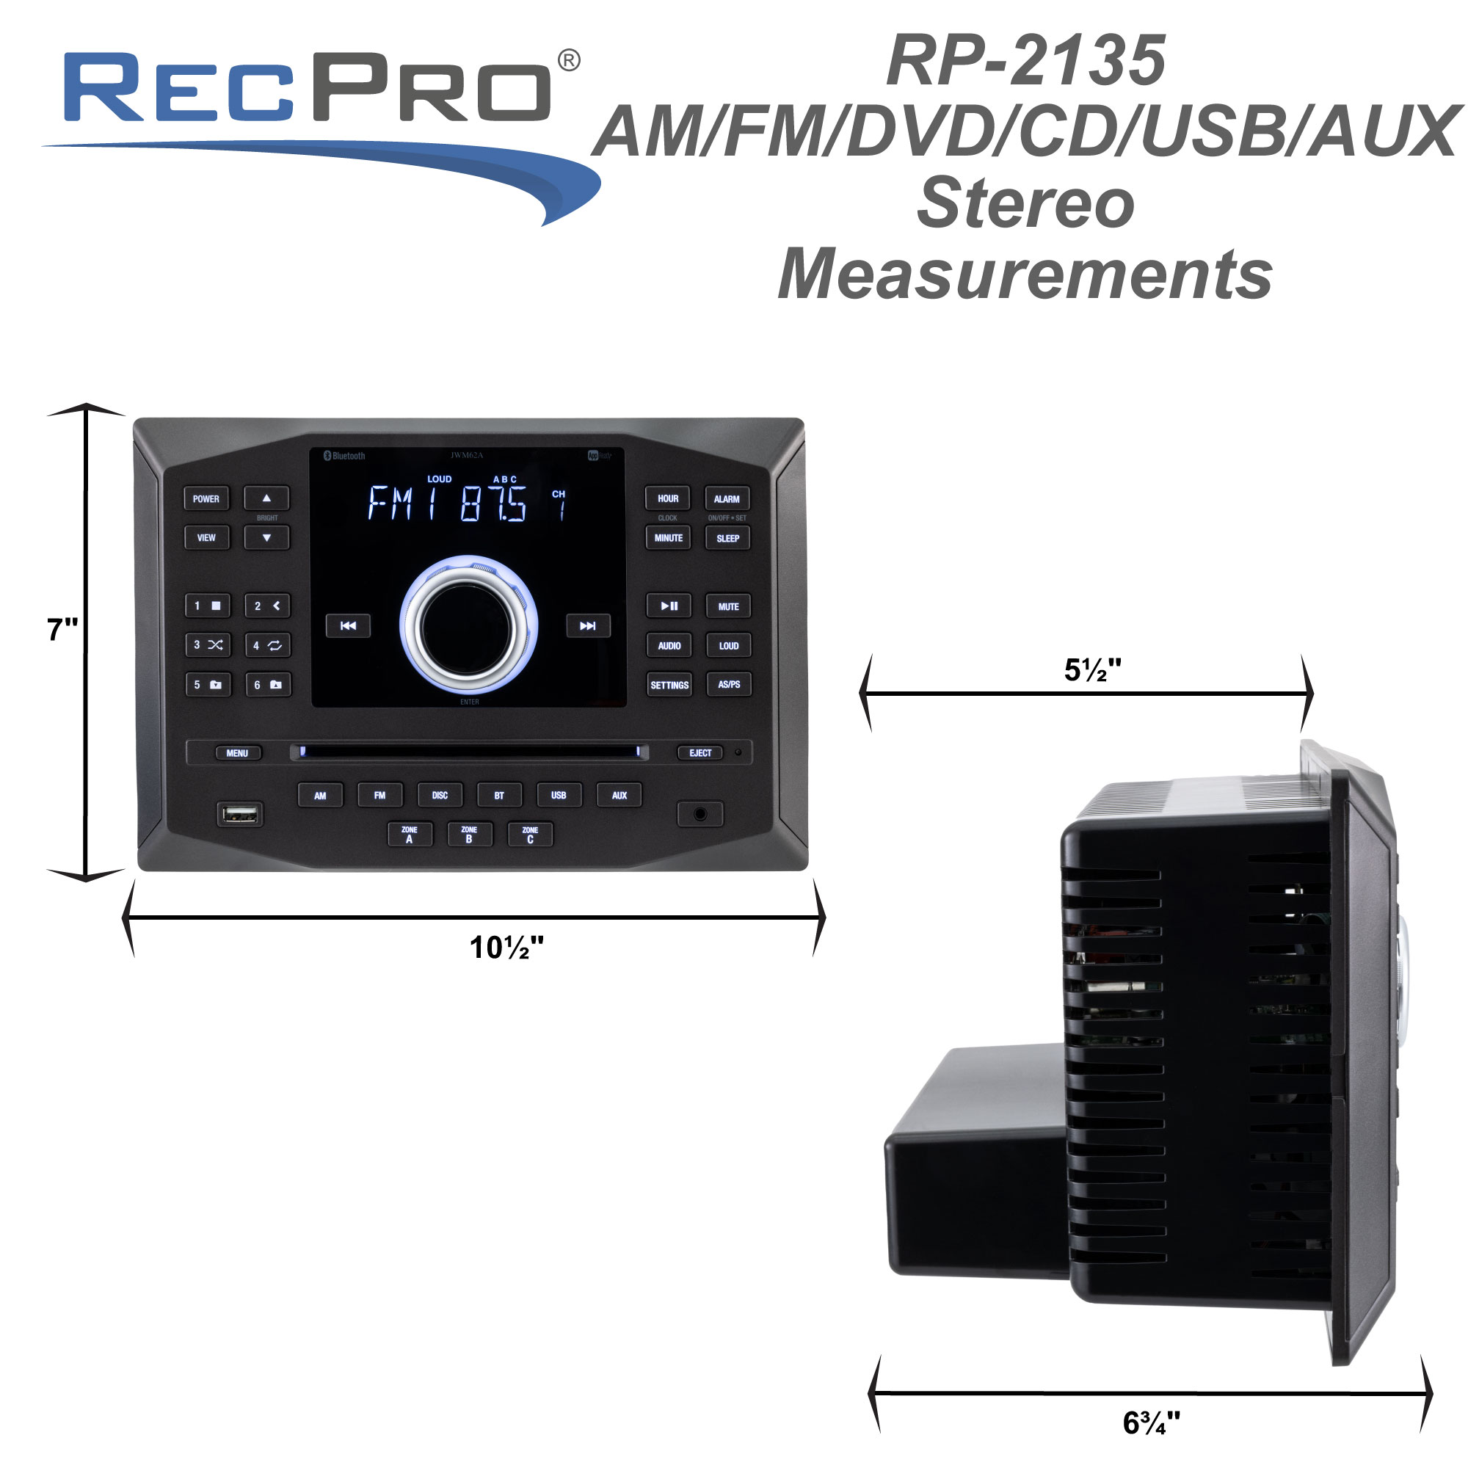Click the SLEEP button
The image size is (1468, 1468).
click(727, 538)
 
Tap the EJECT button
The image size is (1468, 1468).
click(700, 753)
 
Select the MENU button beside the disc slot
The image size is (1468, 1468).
click(237, 753)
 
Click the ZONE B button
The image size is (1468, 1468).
click(469, 835)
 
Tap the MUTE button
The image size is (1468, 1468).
click(728, 606)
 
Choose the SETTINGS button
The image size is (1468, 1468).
click(669, 685)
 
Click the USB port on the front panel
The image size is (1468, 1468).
click(240, 815)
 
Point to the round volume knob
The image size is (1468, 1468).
click(468, 626)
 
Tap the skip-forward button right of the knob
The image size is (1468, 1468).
click(587, 626)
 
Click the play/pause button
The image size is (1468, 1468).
click(669, 606)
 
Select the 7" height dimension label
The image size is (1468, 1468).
click(62, 630)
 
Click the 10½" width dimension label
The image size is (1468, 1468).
click(506, 948)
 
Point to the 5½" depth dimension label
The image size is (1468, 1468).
click(1092, 670)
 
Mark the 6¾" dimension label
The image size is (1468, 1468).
click(1151, 1422)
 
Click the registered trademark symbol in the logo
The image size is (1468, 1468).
click(569, 61)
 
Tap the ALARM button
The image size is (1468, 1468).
click(727, 498)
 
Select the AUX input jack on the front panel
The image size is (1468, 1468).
click(700, 815)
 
